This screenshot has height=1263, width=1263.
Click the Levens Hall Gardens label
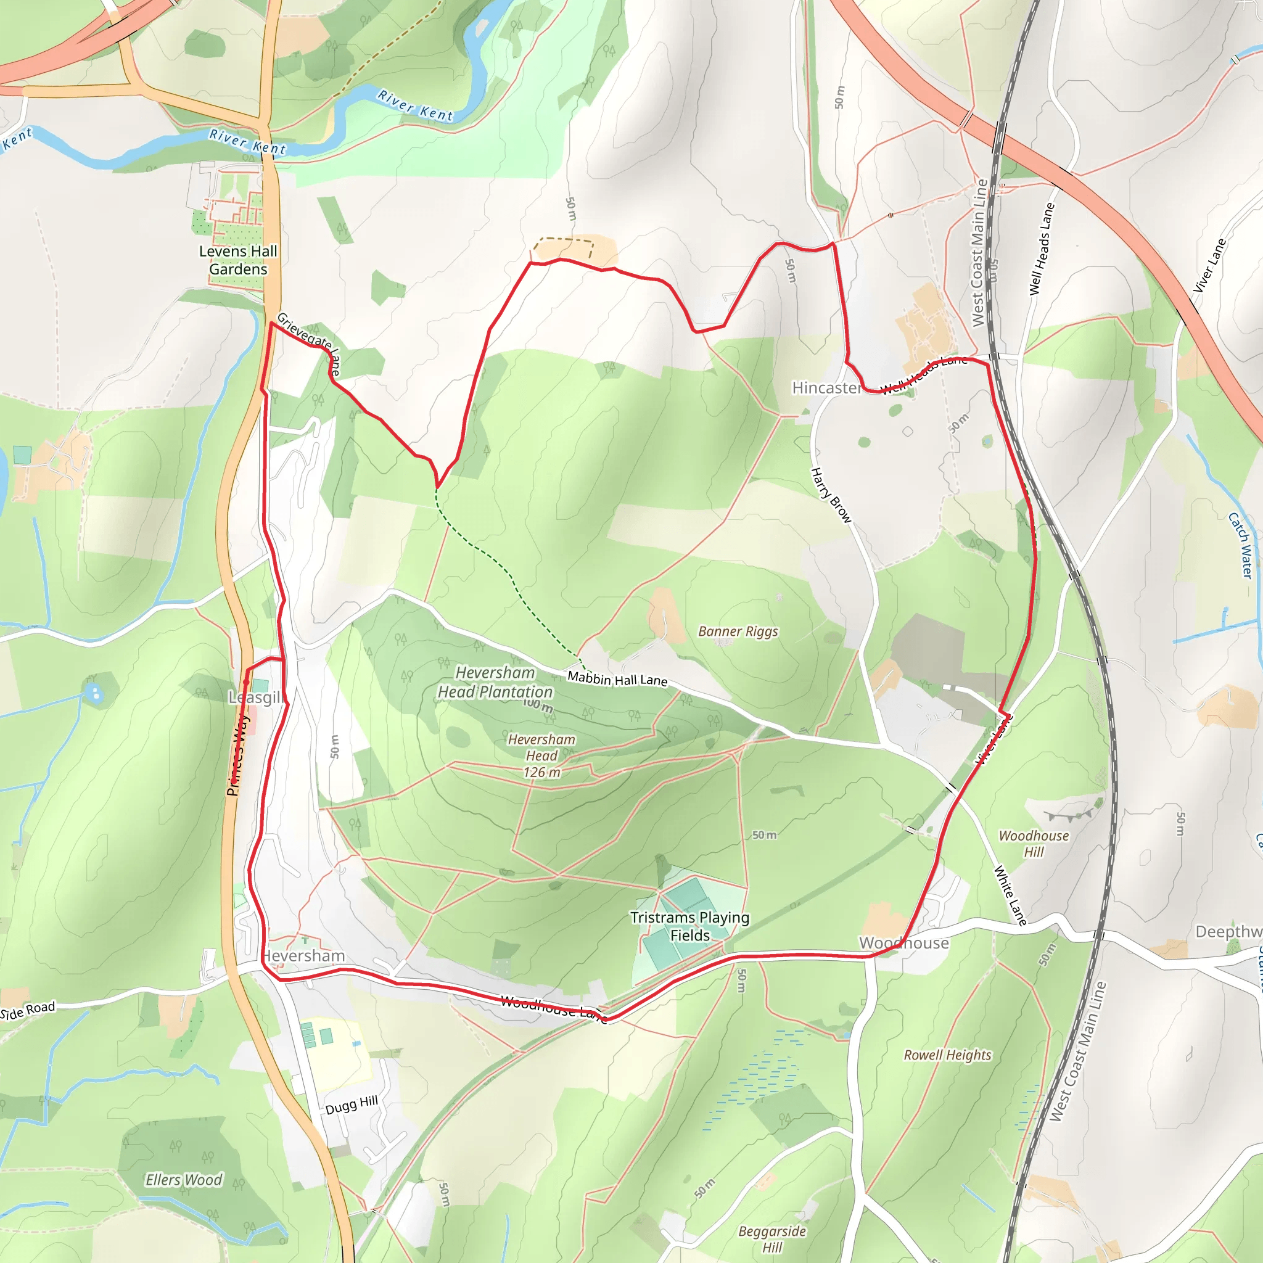(238, 260)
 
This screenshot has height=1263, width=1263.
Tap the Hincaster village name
(826, 388)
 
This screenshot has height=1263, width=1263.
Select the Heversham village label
(303, 956)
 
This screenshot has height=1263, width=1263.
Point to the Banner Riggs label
(738, 631)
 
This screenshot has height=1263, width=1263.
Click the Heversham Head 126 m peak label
(542, 755)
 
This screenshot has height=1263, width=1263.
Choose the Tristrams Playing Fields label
(689, 926)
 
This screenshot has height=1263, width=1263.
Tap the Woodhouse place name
(903, 943)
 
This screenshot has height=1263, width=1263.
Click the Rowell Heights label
(947, 1055)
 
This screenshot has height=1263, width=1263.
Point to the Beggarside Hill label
(772, 1239)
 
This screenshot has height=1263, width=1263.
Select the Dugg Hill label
(352, 1105)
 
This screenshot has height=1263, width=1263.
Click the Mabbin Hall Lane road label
(617, 679)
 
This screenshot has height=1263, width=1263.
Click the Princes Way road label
(238, 754)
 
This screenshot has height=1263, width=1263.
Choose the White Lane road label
(1010, 895)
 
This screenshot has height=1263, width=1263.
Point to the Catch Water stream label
(1240, 545)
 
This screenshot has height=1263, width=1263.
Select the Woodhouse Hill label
(1034, 843)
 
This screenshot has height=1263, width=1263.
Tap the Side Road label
(28, 1011)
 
